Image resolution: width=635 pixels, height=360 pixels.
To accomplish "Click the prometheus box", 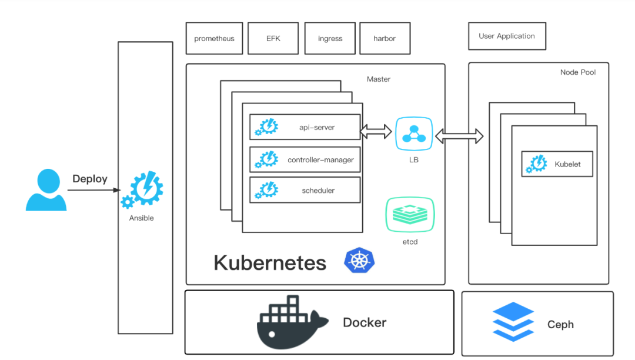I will [214, 38].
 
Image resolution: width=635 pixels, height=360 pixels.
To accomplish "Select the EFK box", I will [273, 38].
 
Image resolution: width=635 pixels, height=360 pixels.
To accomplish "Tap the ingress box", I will [330, 38].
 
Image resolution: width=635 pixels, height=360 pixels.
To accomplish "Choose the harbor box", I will [385, 38].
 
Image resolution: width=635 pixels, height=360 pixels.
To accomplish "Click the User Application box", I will [507, 36].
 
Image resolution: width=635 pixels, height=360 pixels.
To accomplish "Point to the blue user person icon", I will [46, 190].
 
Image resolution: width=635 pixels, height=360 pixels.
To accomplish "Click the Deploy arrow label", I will [89, 179].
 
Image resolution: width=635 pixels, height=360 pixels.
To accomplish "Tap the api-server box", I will [305, 127].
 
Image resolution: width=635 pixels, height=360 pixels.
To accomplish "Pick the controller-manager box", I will [305, 159].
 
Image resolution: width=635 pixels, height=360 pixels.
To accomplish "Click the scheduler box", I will [305, 190].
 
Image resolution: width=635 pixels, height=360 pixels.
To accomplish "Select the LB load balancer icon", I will [414, 136].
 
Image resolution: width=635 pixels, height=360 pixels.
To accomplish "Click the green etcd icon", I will [410, 215].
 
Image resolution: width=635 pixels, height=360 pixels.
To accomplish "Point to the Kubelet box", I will [557, 164].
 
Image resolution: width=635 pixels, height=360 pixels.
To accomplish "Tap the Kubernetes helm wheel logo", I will [359, 260].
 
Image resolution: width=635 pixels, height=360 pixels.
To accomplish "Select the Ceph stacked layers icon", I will [513, 322].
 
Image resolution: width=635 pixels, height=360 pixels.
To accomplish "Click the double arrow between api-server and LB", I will [376, 132].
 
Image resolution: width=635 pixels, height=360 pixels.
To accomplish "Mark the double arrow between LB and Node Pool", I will [459, 136].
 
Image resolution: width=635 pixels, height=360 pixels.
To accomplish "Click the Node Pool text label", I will [578, 72].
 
